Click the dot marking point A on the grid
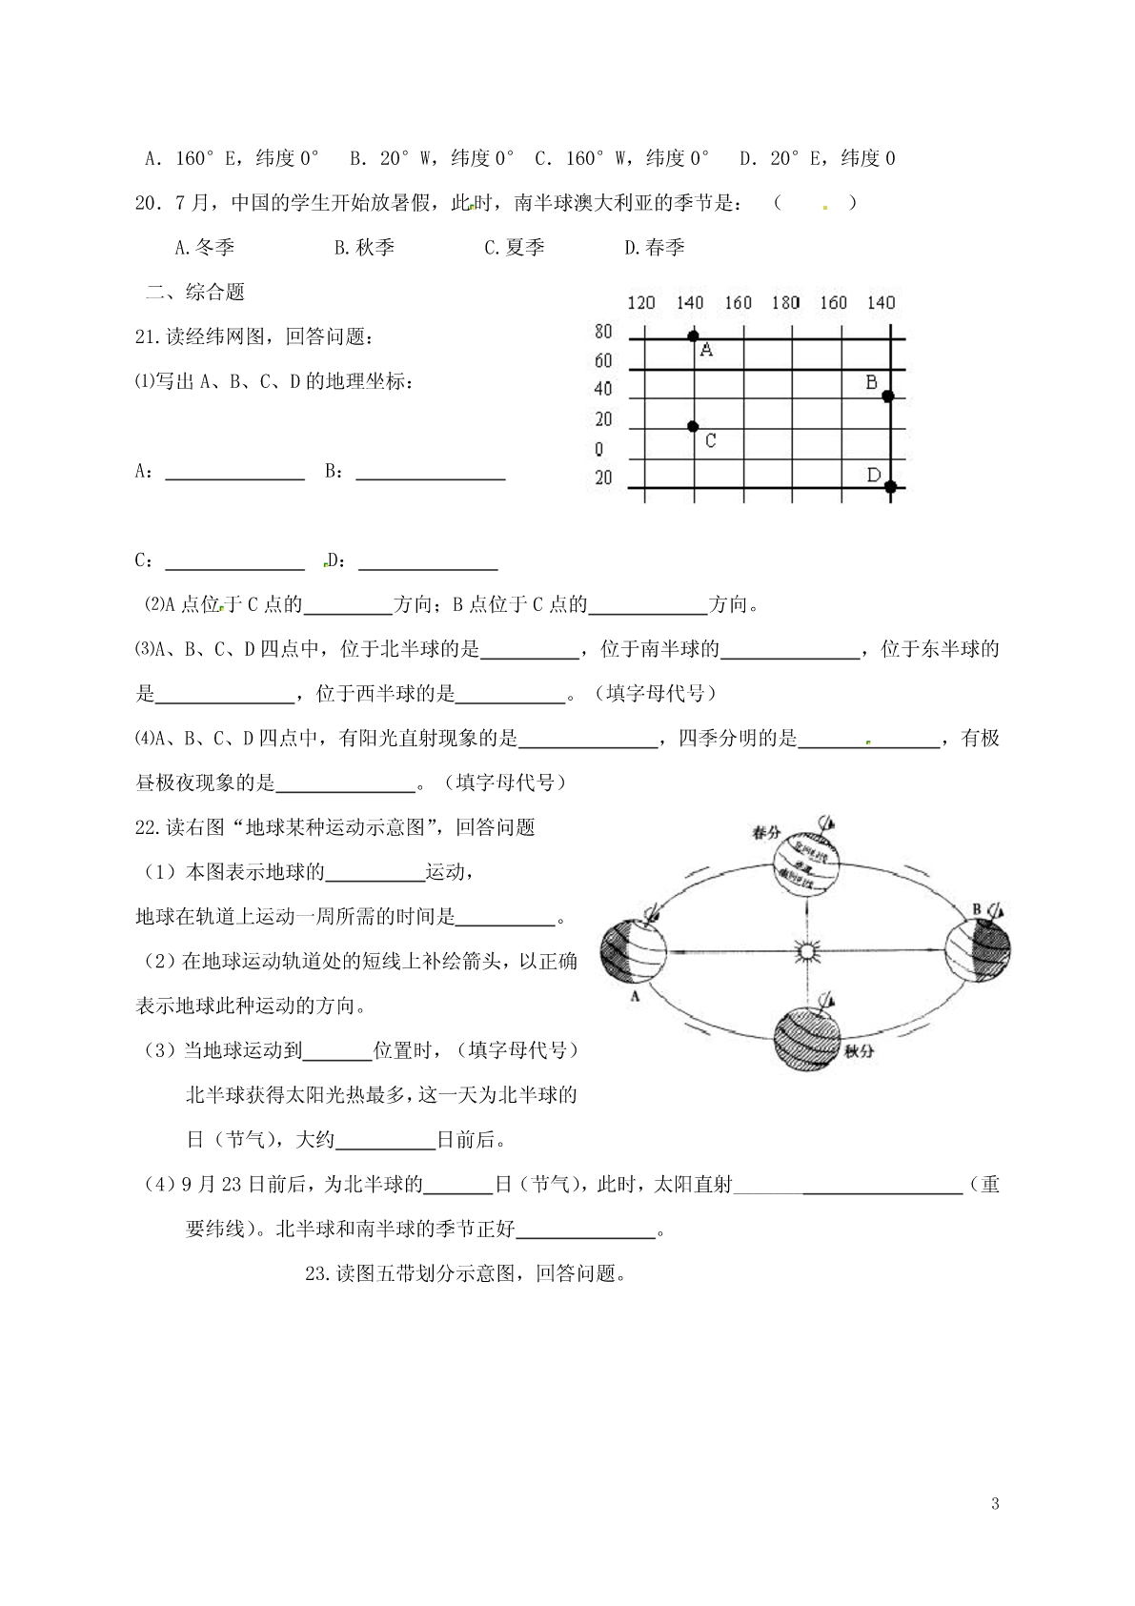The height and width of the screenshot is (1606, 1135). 693,335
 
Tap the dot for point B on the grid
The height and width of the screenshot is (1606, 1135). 887,396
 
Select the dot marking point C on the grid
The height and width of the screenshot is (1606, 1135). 693,427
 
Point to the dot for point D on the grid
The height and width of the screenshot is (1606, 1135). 890,487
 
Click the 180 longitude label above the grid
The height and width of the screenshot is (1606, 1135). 785,303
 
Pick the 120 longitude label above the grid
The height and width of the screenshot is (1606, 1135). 640,303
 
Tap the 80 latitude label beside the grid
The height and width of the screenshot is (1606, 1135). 602,333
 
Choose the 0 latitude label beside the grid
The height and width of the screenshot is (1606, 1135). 598,449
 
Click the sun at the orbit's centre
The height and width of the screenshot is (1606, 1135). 806,950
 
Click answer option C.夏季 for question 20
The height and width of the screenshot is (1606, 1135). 515,248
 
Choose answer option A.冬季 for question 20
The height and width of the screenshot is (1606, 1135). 205,248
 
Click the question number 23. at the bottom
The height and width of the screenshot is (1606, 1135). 317,1273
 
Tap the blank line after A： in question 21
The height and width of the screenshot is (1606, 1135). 234,474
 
